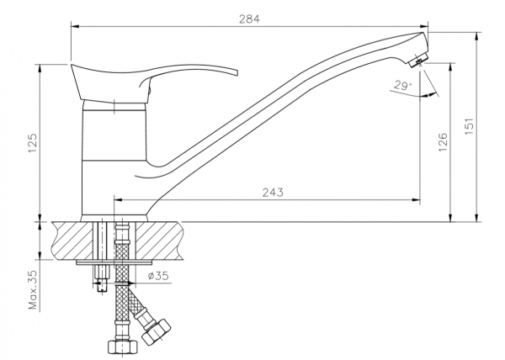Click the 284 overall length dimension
click(249, 19)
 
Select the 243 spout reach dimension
click(273, 193)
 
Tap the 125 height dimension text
click(33, 143)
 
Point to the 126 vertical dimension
click(443, 142)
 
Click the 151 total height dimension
click(470, 126)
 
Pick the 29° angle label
click(402, 86)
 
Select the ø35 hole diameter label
click(158, 276)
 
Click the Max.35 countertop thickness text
click(33, 289)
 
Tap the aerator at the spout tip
click(418, 61)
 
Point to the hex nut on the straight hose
click(122, 348)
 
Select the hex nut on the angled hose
click(156, 332)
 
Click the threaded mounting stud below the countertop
click(102, 277)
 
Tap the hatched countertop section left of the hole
click(72, 241)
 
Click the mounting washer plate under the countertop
click(114, 262)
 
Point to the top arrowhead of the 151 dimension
click(477, 36)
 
